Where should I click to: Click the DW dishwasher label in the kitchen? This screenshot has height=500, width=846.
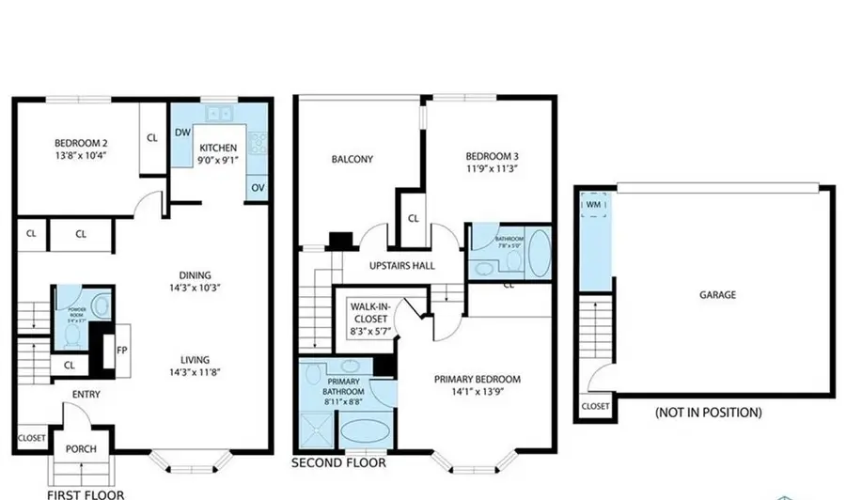(182, 133)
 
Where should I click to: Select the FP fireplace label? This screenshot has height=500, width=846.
(121, 351)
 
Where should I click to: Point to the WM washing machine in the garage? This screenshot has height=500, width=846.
(593, 204)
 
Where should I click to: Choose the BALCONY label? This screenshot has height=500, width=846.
(352, 159)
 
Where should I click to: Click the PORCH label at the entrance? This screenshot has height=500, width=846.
(81, 448)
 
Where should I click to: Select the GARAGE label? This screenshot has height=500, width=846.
(717, 293)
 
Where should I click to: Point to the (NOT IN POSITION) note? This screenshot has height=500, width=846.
(708, 413)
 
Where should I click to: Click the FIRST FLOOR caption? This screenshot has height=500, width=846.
(86, 492)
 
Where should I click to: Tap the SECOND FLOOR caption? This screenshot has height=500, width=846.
(338, 463)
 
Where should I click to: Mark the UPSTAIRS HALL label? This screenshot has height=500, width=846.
(401, 266)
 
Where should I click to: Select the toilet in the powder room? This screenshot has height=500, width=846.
(103, 306)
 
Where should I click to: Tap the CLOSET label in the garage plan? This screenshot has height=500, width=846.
(594, 407)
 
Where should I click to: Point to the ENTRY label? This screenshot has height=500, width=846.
(85, 395)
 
